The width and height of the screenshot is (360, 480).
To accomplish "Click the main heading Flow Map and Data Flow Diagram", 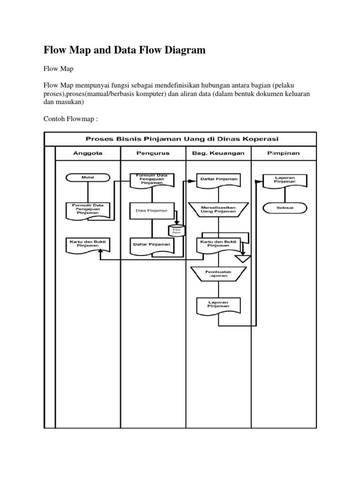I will pyautogui.click(x=125, y=50).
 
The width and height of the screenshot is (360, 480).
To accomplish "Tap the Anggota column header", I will pyautogui.click(x=88, y=153).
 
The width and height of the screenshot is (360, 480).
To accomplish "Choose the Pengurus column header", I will pyautogui.click(x=153, y=153).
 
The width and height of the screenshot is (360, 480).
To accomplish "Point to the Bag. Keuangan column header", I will pyautogui.click(x=218, y=153).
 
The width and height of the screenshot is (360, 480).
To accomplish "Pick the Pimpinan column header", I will pyautogui.click(x=284, y=153).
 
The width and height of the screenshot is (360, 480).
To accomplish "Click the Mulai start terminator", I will pyautogui.click(x=88, y=178).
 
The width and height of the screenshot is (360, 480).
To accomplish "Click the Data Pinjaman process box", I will pyautogui.click(x=151, y=210).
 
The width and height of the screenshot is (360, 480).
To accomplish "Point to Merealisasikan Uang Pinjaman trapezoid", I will pyautogui.click(x=218, y=210).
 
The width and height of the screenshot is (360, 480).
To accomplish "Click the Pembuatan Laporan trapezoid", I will pyautogui.click(x=218, y=273).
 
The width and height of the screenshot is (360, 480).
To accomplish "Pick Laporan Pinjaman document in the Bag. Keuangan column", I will pyautogui.click(x=218, y=305).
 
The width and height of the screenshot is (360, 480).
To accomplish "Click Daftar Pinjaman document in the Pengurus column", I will pyautogui.click(x=151, y=244).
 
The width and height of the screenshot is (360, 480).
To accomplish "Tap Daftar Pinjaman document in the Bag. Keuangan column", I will pyautogui.click(x=218, y=180).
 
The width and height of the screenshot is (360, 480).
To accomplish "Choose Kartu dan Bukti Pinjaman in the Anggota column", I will pyautogui.click(x=88, y=244).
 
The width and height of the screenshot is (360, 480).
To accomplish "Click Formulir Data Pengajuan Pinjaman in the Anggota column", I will pyautogui.click(x=88, y=210).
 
